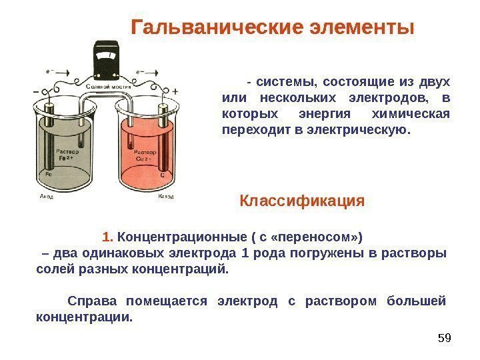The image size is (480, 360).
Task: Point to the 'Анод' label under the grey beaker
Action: [47, 197]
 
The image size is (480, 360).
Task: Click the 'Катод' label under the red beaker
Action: [166, 197]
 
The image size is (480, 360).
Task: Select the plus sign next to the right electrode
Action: [175, 91]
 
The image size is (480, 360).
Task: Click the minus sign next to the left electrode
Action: [35, 91]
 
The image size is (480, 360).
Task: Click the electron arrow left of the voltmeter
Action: [48, 69]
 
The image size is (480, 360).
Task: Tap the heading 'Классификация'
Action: [302, 201]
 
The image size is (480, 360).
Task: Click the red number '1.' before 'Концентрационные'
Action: [109, 237]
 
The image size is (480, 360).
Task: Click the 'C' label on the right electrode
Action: [162, 174]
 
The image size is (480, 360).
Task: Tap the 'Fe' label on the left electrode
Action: [49, 174]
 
